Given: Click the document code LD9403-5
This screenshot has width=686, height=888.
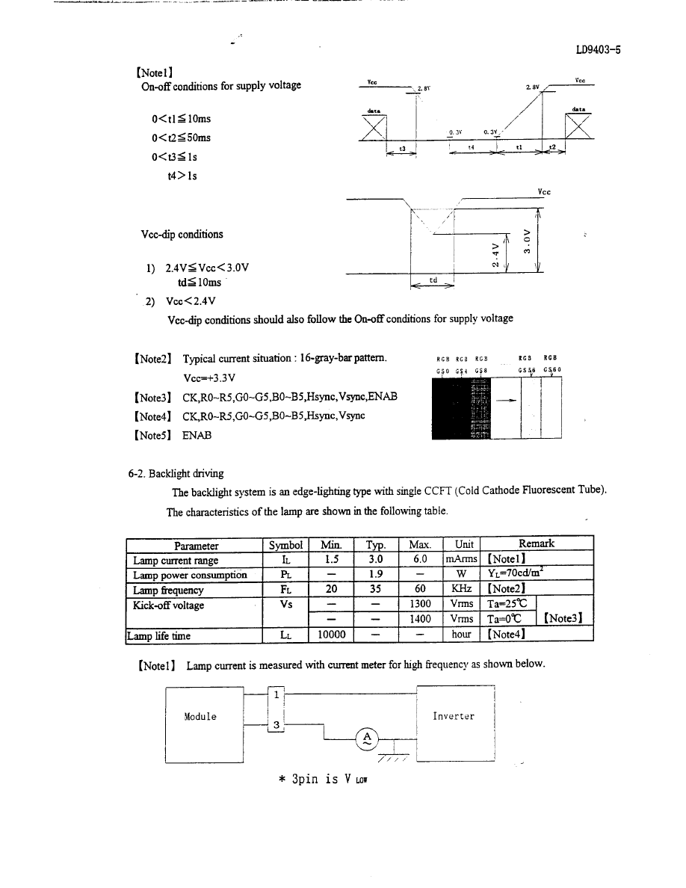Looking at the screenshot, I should pyautogui.click(x=599, y=51).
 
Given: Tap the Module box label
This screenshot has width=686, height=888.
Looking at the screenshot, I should pyautogui.click(x=200, y=716).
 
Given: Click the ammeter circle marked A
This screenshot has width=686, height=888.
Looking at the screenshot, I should pyautogui.click(x=367, y=739).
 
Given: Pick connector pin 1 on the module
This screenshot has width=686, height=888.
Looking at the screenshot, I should pyautogui.click(x=276, y=694).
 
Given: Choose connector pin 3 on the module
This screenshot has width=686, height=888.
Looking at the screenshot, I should pyautogui.click(x=276, y=725).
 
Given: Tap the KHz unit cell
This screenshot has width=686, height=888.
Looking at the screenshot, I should pyautogui.click(x=461, y=590).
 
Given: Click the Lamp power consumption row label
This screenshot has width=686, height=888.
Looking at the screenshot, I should pyautogui.click(x=190, y=575).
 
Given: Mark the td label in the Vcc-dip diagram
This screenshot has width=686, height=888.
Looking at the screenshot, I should pyautogui.click(x=433, y=280).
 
